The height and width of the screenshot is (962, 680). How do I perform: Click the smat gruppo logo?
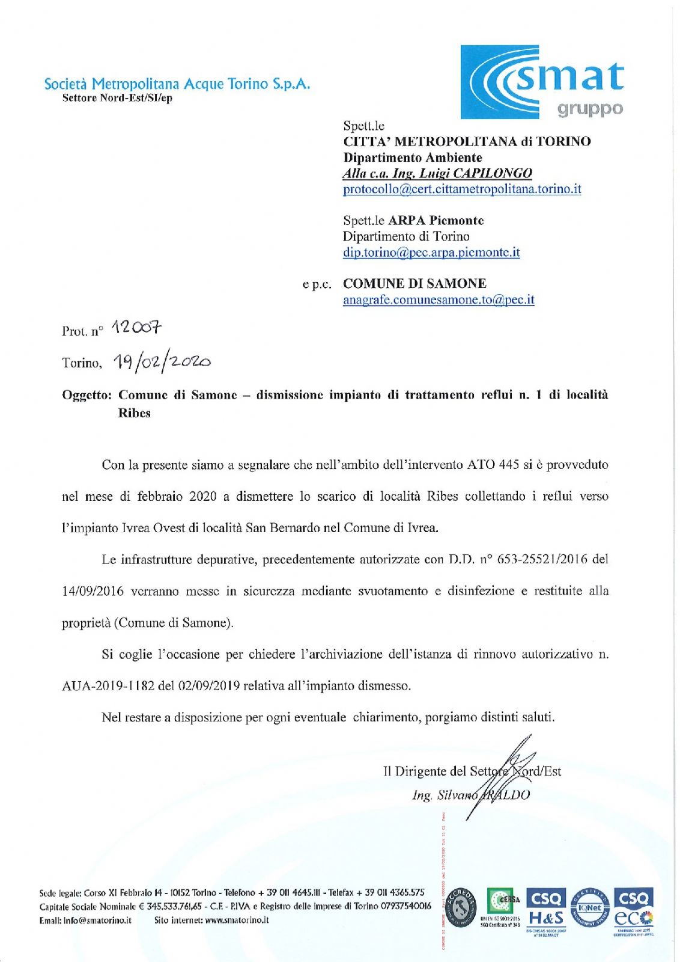tap(542, 82)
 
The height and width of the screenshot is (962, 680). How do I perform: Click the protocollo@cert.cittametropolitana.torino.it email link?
tap(462, 189)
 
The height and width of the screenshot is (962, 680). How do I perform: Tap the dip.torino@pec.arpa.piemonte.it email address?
tap(431, 253)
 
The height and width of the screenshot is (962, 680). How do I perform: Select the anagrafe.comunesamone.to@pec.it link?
tap(439, 300)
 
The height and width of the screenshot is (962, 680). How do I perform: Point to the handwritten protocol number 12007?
tap(137, 328)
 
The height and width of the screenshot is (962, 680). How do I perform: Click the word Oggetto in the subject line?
tap(87, 395)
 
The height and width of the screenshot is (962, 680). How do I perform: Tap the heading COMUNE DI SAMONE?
tap(414, 284)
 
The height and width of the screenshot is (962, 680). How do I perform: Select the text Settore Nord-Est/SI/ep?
tap(117, 98)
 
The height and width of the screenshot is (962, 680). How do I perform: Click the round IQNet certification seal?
tap(590, 908)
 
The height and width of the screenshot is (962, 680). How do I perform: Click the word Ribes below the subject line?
tap(134, 414)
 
